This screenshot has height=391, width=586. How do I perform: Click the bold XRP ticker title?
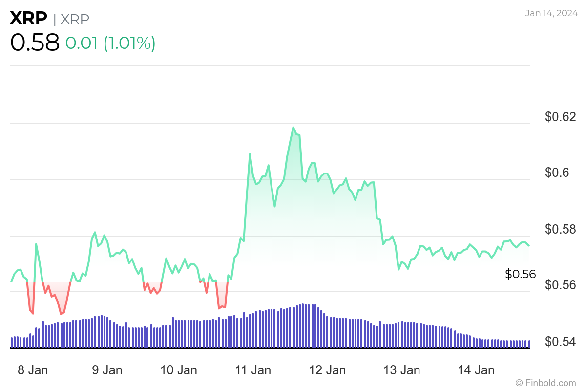tap(29, 19)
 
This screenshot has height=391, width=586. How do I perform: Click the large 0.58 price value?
tap(35, 43)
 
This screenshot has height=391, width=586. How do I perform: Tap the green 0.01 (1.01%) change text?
tap(110, 43)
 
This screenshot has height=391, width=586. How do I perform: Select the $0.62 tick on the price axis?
tap(561, 117)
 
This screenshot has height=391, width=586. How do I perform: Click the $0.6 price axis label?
tap(557, 173)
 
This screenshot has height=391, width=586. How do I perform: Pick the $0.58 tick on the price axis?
tap(561, 229)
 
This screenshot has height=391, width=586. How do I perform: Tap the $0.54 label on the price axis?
tap(561, 342)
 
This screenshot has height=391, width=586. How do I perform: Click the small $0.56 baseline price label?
tap(520, 274)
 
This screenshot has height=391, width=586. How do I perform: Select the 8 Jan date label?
tap(33, 370)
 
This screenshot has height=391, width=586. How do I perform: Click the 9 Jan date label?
tap(107, 370)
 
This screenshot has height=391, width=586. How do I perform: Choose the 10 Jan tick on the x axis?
tap(179, 370)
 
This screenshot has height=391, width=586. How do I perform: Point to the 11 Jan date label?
tap(252, 370)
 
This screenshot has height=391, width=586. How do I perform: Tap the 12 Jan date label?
tap(327, 370)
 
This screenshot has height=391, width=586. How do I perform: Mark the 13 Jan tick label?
tap(401, 370)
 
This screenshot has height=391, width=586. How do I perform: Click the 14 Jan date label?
tap(476, 370)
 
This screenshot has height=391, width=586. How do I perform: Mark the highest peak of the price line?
tap(293, 128)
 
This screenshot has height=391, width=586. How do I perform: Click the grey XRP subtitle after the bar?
tap(75, 19)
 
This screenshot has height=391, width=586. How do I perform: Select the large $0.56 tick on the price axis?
tap(561, 285)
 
